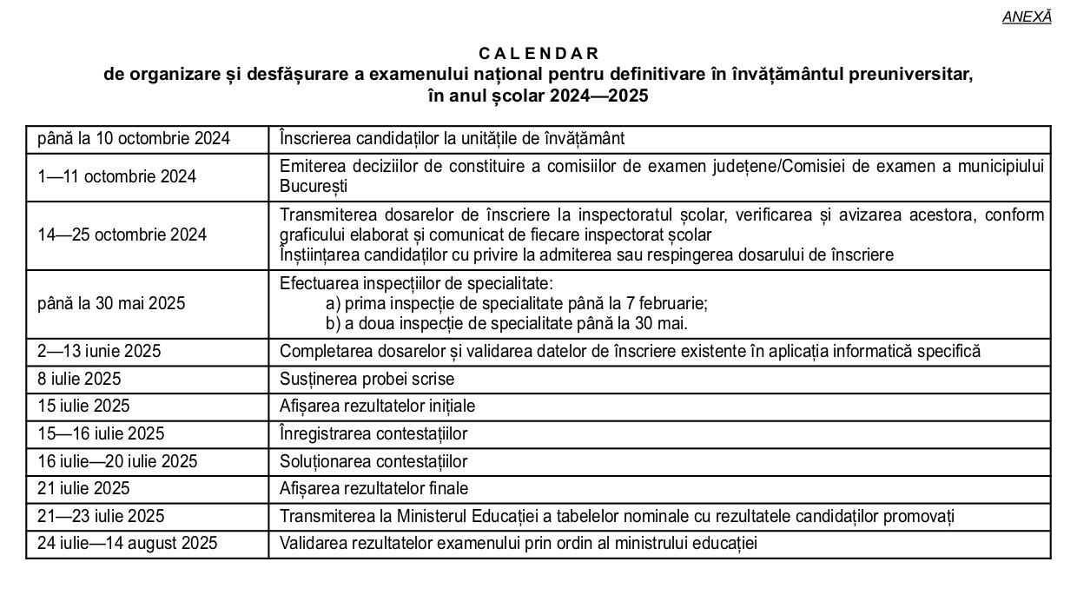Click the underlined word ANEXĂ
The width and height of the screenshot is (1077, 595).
(x=1027, y=17)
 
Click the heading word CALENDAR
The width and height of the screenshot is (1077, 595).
(x=538, y=54)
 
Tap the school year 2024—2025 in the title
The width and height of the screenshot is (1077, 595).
(x=598, y=96)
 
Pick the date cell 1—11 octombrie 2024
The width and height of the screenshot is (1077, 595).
(x=116, y=176)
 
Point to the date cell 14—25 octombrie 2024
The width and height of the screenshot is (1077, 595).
(x=122, y=235)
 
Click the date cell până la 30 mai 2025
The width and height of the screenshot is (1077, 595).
(x=111, y=304)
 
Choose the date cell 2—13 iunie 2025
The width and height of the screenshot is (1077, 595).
(x=99, y=352)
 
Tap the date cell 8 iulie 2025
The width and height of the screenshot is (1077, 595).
(x=79, y=379)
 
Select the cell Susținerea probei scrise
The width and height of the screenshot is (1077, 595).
(x=367, y=379)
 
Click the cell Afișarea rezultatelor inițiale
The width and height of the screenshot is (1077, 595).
(x=377, y=406)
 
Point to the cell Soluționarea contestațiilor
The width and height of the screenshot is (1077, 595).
(x=373, y=461)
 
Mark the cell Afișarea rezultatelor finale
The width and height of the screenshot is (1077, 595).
(x=373, y=489)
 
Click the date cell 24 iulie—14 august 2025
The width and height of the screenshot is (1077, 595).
(x=127, y=544)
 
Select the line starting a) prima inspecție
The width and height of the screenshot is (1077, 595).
(x=517, y=304)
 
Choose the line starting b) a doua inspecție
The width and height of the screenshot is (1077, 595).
(x=506, y=324)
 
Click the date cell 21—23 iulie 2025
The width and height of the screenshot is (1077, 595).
(x=101, y=517)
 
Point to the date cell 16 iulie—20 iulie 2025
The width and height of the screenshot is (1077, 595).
(x=117, y=461)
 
